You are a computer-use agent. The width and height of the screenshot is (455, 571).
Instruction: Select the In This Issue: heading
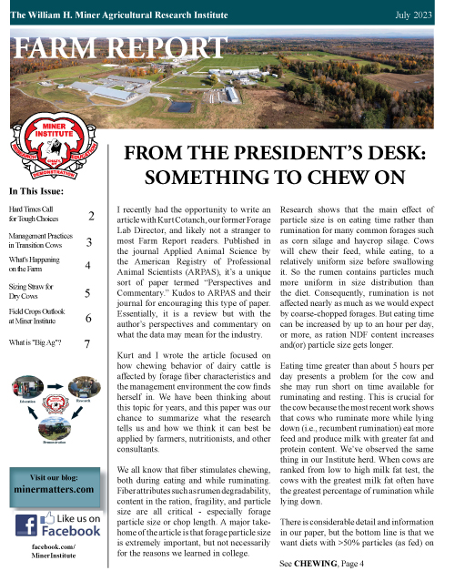(35, 191)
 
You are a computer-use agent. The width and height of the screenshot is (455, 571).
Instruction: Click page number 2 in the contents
(92, 217)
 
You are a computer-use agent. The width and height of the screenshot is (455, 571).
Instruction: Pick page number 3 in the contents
(88, 243)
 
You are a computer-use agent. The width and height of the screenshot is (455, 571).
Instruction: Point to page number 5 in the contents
(86, 294)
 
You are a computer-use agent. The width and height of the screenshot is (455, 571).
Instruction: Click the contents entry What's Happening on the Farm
(32, 268)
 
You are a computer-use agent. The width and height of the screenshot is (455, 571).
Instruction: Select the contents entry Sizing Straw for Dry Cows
(30, 293)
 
